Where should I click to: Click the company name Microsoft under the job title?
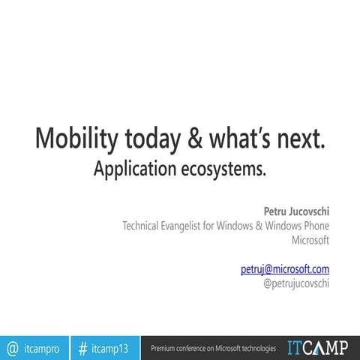coord(310,240)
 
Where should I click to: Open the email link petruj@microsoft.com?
coord(285,268)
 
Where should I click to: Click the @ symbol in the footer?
coord(13,348)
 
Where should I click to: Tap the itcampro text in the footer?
coord(42,348)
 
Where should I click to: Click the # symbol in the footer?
coord(83,348)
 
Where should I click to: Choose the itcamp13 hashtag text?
coord(110,348)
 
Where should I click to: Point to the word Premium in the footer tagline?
coord(164,348)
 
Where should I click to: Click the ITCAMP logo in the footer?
coord(318,347)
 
